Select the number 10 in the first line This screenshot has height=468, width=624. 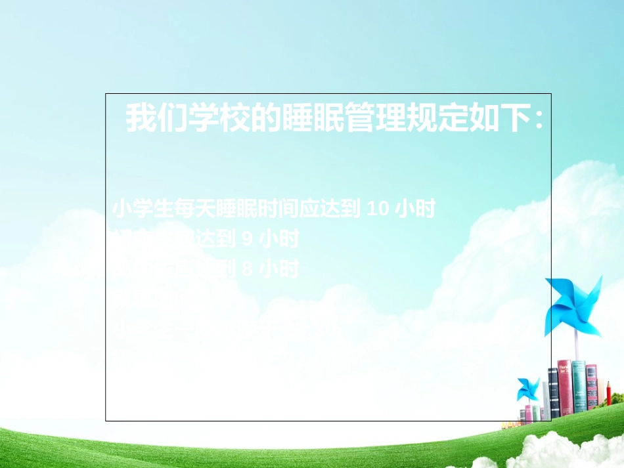[379, 209]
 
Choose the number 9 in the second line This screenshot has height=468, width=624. [248, 239]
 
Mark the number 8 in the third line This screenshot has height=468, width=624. [248, 268]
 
